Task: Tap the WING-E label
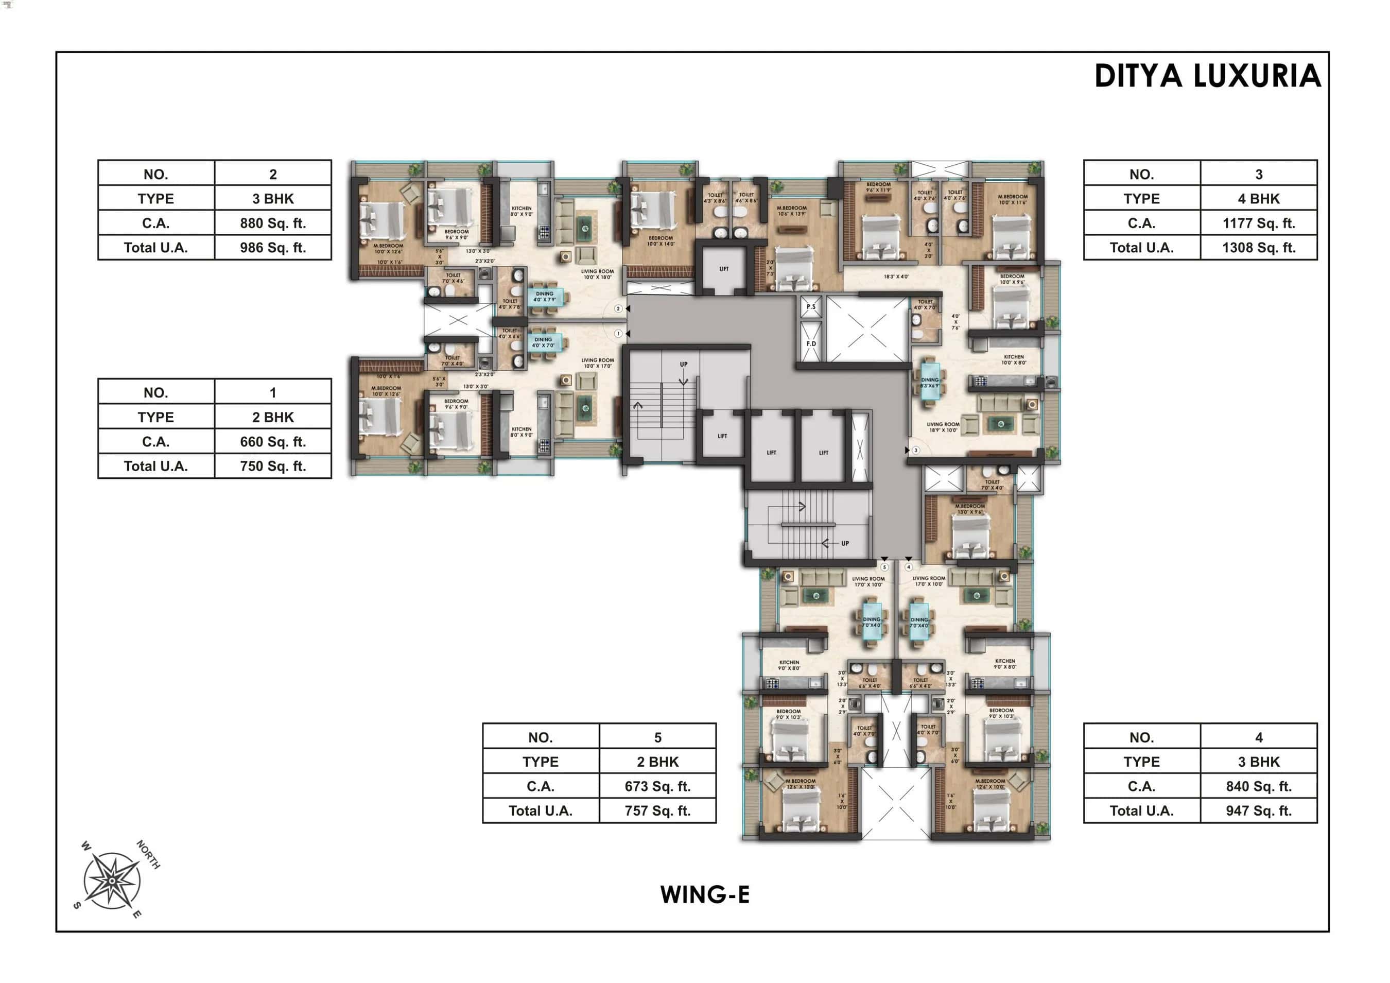click(x=705, y=894)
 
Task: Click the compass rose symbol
click(x=112, y=881)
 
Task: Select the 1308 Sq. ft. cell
click(x=1258, y=248)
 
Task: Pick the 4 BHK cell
click(x=1258, y=199)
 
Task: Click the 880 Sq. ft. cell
click(x=272, y=223)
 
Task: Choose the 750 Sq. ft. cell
click(x=272, y=466)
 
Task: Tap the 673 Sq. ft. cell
click(x=657, y=786)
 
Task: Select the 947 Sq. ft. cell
click(x=1258, y=810)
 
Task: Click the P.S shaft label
click(x=811, y=306)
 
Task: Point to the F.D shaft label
click(x=811, y=343)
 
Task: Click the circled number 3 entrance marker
click(x=916, y=450)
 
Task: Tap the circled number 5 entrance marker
click(x=884, y=567)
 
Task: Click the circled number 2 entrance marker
click(x=618, y=309)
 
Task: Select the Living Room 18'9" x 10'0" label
click(x=943, y=427)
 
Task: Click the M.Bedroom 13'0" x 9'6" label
click(x=970, y=509)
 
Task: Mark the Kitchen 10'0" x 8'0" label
click(x=1014, y=360)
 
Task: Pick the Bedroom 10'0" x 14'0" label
click(x=661, y=240)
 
